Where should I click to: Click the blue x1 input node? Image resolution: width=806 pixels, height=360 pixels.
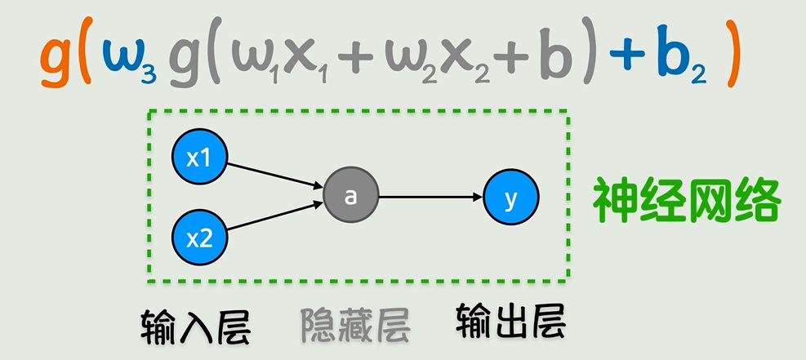199,158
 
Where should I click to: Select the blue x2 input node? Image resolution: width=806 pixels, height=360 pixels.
199,238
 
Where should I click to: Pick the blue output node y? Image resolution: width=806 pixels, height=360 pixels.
511,197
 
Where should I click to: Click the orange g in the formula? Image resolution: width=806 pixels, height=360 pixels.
56,61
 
